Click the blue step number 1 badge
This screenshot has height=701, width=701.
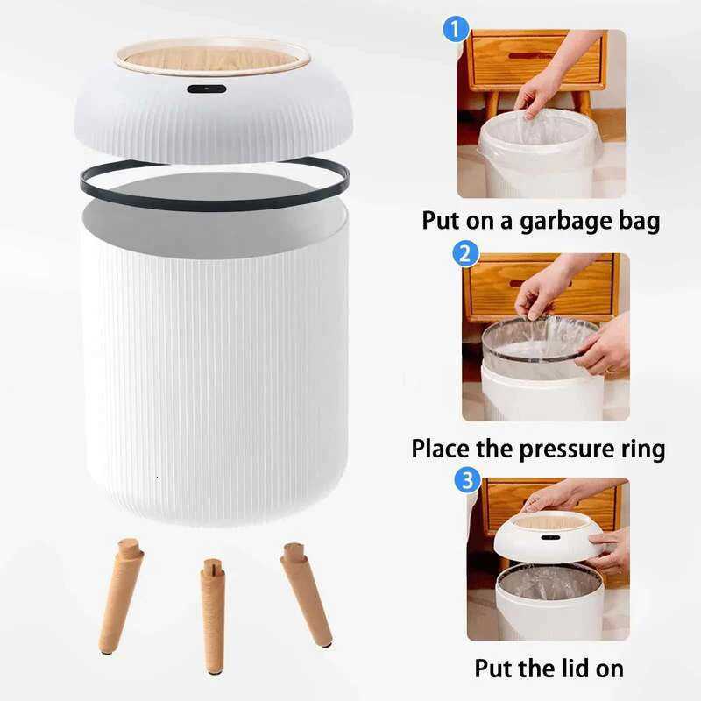453,30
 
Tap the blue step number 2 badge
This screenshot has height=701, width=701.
466,255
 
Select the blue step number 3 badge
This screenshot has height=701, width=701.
469,479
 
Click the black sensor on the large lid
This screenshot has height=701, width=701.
207,89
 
